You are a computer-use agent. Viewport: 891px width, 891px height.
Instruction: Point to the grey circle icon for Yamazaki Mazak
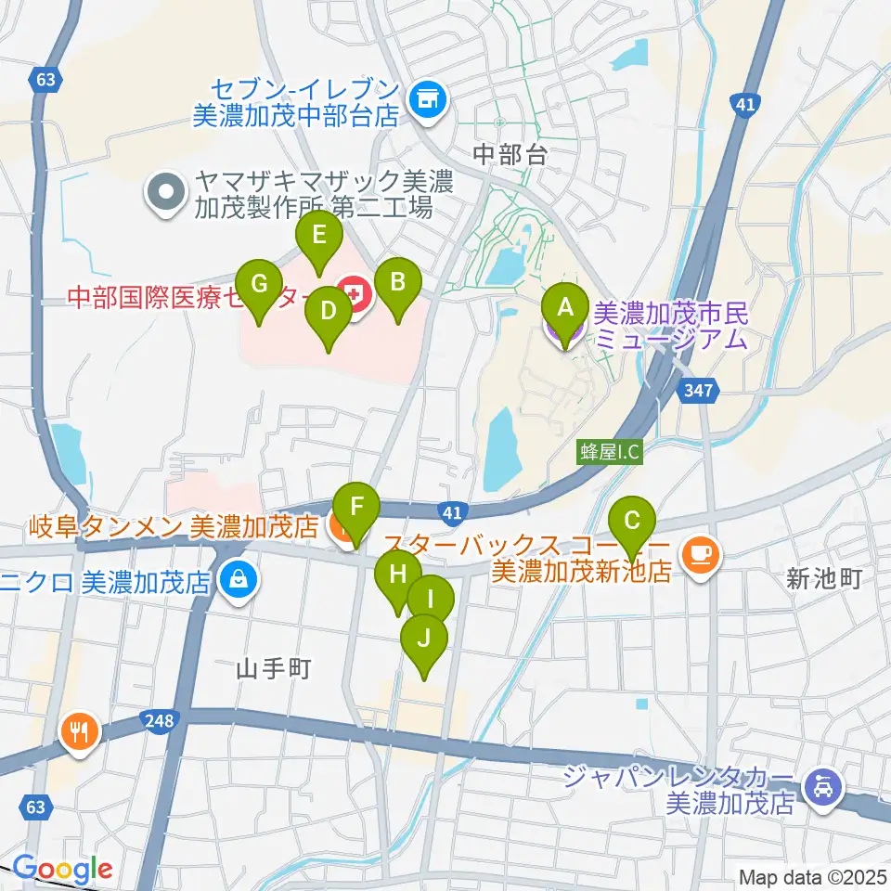(167, 194)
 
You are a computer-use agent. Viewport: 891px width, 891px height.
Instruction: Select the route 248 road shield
(159, 719)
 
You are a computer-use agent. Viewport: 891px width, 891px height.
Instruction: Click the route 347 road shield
(698, 390)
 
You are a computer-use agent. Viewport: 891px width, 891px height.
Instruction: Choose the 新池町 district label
(824, 580)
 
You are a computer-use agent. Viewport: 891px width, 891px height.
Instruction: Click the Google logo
(62, 869)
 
